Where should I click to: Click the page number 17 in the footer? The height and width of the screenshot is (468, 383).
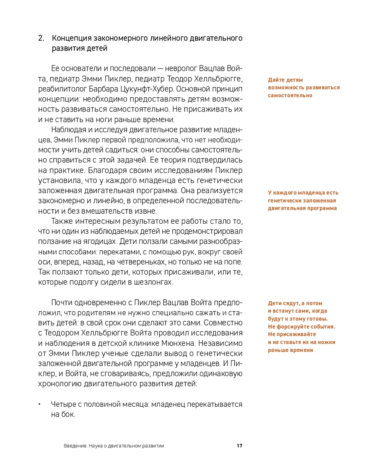240,446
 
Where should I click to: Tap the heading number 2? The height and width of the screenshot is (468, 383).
41,39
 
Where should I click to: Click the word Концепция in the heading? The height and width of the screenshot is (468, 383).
71,39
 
